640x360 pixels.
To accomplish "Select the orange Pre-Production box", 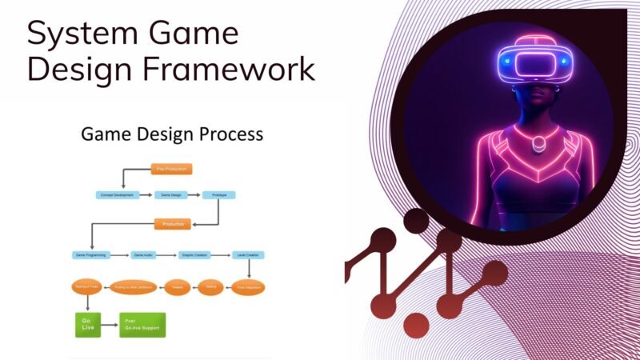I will click(171, 169).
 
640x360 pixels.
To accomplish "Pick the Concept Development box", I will click(117, 194).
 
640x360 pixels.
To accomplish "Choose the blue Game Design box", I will click(170, 194).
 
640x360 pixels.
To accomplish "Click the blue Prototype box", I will click(218, 194).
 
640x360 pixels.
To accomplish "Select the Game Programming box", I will click(91, 255).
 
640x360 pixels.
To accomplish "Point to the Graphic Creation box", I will click(194, 255).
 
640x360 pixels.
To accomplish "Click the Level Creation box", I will click(248, 255).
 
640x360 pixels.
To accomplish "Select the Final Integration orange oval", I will click(248, 287).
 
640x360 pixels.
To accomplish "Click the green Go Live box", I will click(87, 324).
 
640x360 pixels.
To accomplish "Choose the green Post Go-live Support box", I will click(142, 324).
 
